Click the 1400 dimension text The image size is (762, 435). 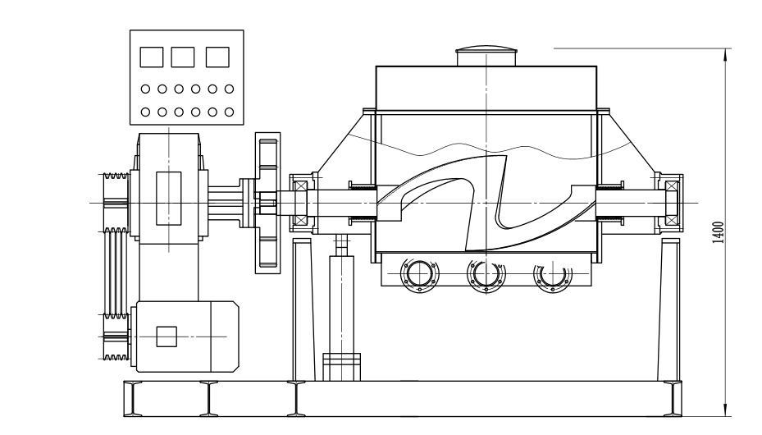(718, 231)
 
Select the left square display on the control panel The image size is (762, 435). (152, 57)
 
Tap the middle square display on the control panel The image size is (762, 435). (184, 57)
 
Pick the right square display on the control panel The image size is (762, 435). (217, 57)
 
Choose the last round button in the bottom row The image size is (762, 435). (230, 111)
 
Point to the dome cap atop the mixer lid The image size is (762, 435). (487, 55)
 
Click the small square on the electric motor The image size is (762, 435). (167, 337)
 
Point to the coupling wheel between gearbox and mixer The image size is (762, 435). (267, 200)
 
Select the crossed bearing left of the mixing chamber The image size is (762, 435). (299, 201)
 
